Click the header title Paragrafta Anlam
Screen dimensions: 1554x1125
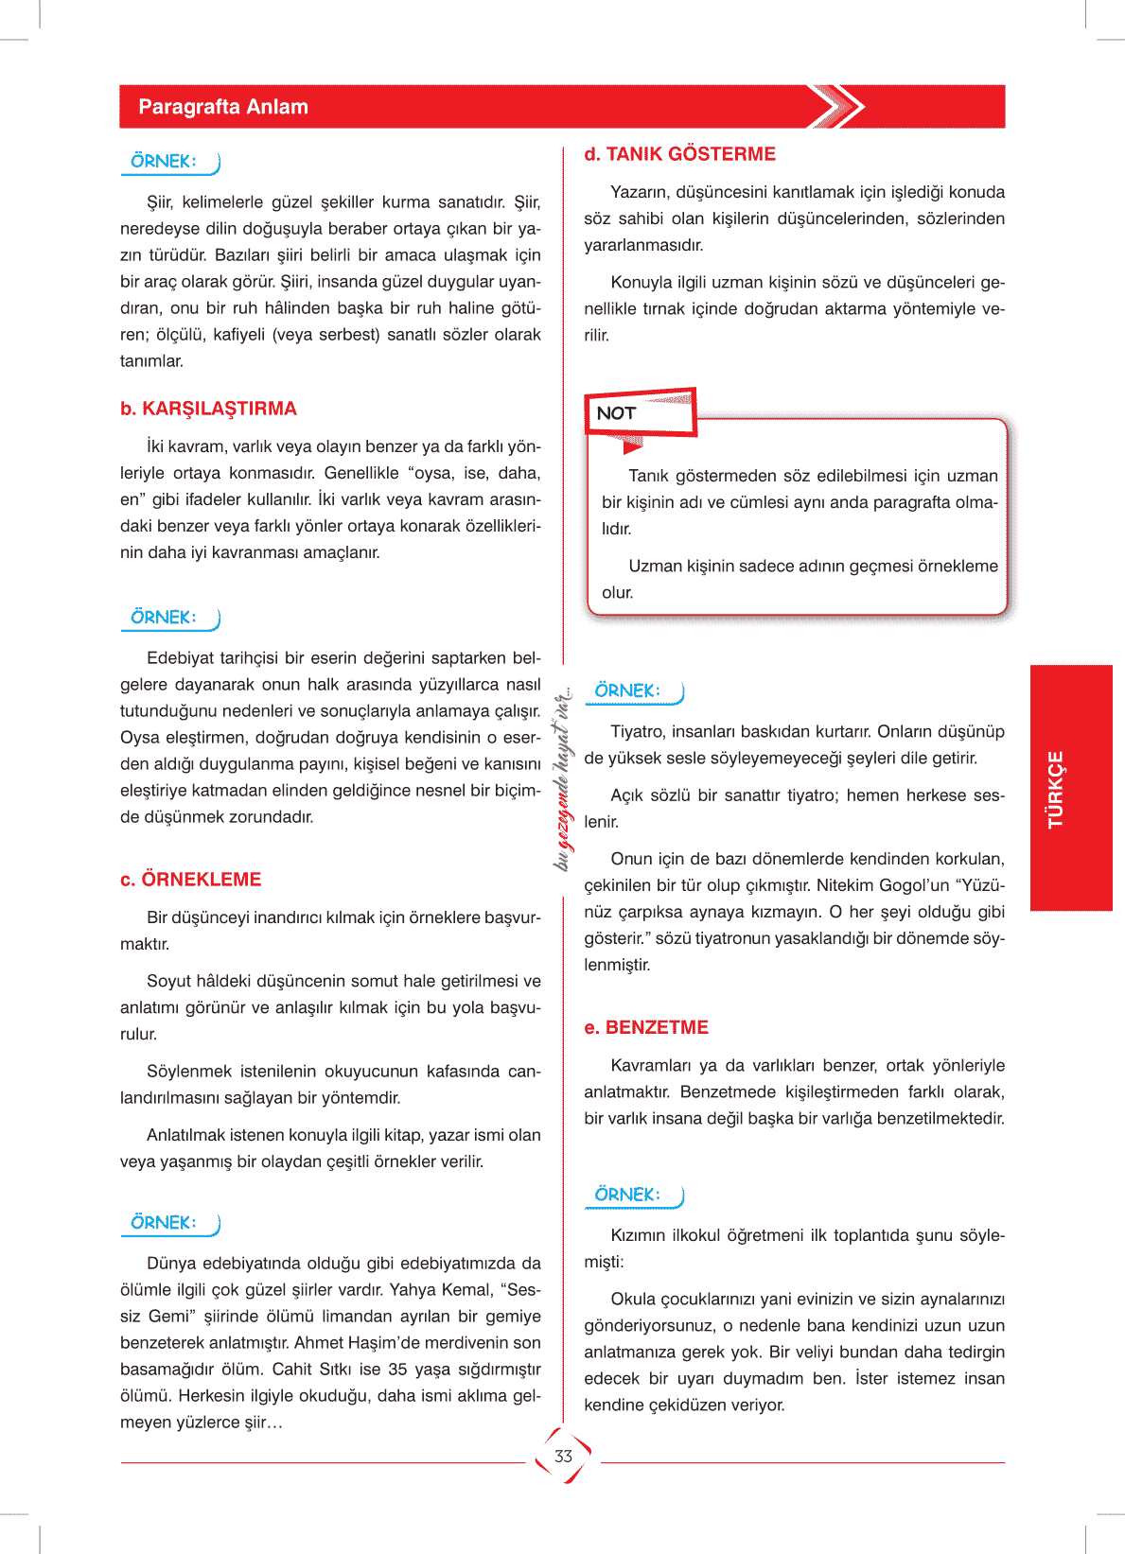(x=223, y=107)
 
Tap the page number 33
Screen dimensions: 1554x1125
(x=564, y=1457)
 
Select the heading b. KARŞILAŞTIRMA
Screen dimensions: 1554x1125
(x=208, y=409)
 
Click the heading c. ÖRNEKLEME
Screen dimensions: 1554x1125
(x=190, y=880)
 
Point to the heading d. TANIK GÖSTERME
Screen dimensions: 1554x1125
(x=679, y=154)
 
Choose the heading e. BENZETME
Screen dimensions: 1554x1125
(x=646, y=1028)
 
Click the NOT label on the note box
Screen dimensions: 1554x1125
(x=616, y=413)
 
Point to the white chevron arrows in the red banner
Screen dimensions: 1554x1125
(x=836, y=107)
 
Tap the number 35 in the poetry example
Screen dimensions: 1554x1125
(x=397, y=1370)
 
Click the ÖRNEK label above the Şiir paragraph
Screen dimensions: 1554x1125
(x=164, y=162)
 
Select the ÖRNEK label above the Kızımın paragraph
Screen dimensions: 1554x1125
(x=627, y=1195)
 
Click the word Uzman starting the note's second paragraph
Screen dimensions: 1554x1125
(x=655, y=567)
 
